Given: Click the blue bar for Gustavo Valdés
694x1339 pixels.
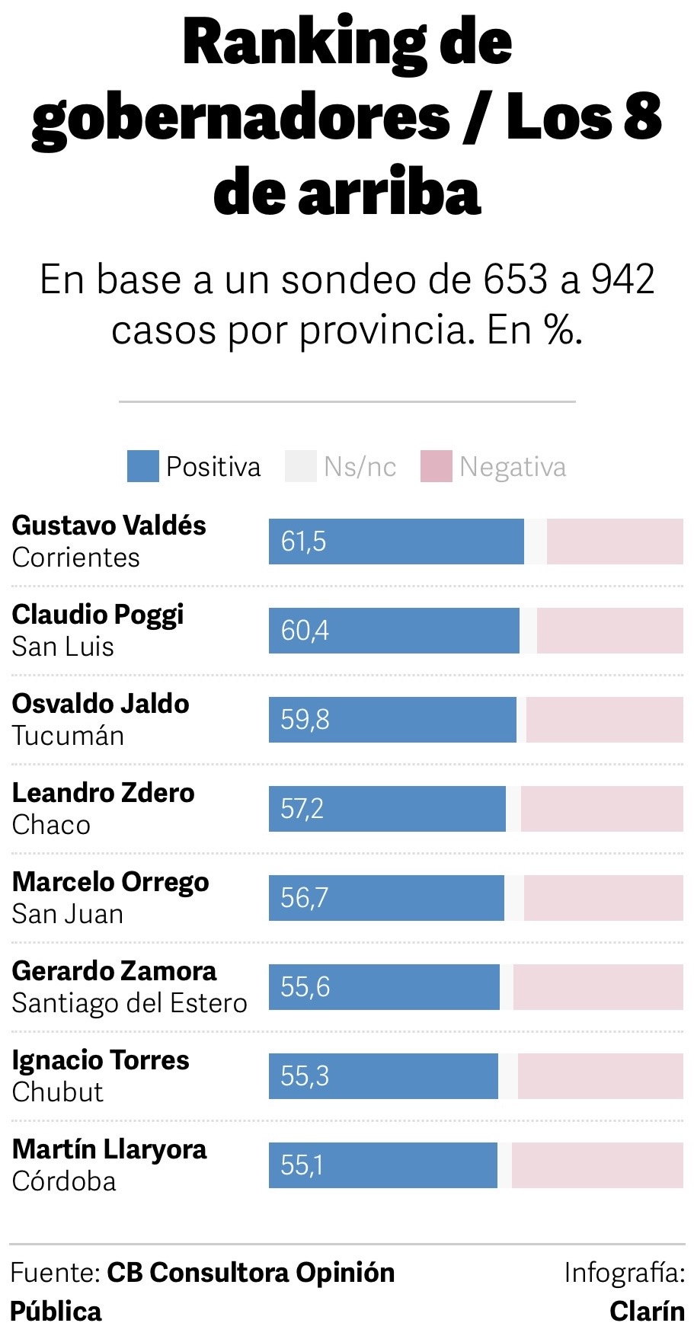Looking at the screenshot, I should (x=396, y=542).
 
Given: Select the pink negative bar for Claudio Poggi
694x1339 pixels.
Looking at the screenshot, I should (x=609, y=631).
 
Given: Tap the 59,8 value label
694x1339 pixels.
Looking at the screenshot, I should (x=305, y=720).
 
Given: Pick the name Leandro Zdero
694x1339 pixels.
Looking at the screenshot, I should (x=104, y=793).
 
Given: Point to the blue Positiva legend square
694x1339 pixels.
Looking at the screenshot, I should (x=142, y=466).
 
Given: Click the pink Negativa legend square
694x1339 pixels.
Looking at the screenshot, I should (x=437, y=466).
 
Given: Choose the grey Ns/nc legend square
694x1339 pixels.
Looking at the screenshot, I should (x=300, y=466).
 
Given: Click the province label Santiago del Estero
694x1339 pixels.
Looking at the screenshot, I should (x=130, y=1003).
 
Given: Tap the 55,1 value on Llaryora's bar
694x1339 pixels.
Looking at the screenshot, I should (x=302, y=1165).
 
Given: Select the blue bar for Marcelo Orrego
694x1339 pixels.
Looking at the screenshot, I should (x=386, y=898).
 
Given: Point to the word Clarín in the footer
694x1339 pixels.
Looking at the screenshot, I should (x=647, y=1312).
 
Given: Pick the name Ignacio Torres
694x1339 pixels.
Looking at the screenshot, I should (x=101, y=1060).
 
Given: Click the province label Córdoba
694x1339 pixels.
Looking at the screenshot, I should (x=64, y=1181).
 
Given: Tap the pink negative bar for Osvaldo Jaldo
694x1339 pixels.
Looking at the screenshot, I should (x=604, y=720).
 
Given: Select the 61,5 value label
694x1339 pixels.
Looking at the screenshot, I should (x=303, y=542).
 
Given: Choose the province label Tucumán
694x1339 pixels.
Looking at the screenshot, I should (x=68, y=736).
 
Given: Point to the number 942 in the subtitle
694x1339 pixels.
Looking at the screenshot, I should (x=622, y=280).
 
